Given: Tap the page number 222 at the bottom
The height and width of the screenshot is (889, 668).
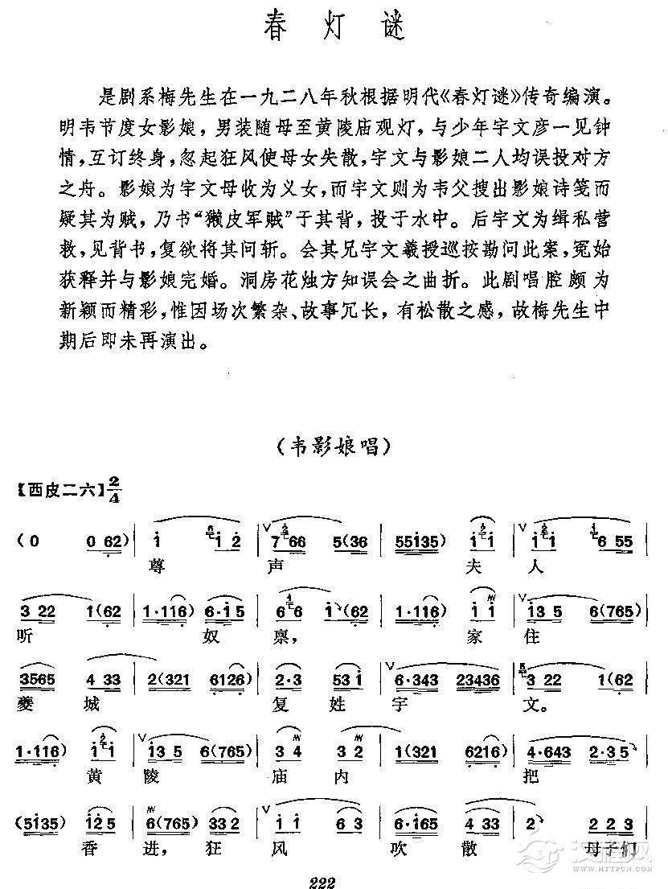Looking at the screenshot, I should (321, 881).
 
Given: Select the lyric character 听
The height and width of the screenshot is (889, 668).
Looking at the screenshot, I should (25, 635).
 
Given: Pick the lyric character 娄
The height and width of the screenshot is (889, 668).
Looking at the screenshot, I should (25, 706).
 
